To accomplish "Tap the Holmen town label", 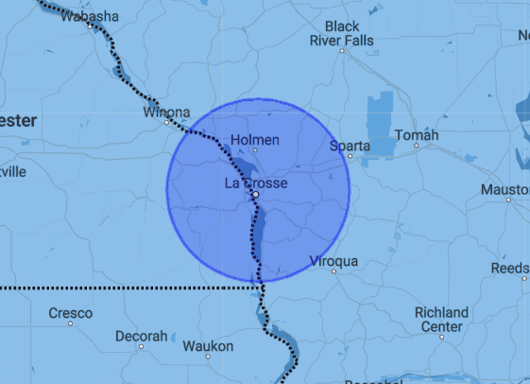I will tap(255, 140).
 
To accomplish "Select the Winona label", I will tap(166, 113).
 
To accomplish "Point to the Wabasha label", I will tap(90, 16).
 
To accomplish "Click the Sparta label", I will tap(350, 146).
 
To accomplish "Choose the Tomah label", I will tap(418, 136).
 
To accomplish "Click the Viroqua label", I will tap(333, 260).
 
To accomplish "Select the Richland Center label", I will tap(441, 320).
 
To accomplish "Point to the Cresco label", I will tap(71, 313).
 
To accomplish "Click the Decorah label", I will tap(141, 336).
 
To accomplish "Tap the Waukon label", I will tap(208, 347).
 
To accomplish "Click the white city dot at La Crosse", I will tap(255, 194).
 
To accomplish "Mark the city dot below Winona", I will tap(165, 123).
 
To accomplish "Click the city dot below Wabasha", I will tap(91, 26).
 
